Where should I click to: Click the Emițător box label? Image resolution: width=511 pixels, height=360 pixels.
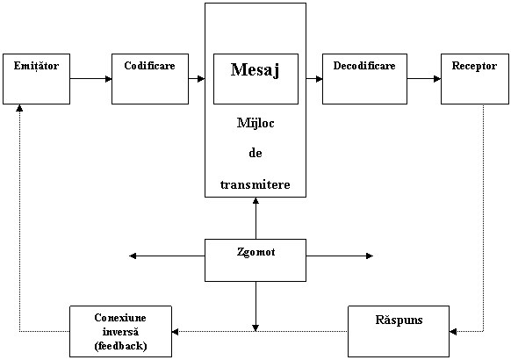[36, 66]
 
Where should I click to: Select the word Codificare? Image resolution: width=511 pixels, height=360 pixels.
[149, 66]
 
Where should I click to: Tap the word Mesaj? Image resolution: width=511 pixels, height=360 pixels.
[255, 70]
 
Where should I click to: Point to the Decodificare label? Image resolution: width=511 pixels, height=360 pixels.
[364, 66]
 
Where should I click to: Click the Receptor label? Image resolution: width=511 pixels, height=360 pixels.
[474, 66]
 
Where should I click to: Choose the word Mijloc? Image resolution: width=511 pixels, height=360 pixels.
[255, 124]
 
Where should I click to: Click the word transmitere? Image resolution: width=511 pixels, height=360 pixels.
[255, 184]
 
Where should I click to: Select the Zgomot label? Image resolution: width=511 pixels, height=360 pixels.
[255, 252]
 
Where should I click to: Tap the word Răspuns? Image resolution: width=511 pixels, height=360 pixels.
[399, 320]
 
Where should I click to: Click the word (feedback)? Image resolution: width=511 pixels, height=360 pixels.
[120, 346]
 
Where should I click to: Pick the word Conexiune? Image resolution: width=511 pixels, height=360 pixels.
[120, 318]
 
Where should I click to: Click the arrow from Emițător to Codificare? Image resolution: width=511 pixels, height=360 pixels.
[91, 78]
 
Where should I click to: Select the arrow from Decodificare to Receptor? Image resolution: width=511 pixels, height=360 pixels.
[424, 78]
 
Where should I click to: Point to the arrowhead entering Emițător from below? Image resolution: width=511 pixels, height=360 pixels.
[19, 107]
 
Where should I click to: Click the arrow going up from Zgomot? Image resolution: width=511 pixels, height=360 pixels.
[255, 219]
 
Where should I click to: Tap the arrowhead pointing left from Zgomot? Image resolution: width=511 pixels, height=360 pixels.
[133, 256]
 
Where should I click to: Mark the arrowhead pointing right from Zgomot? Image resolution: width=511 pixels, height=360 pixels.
[370, 256]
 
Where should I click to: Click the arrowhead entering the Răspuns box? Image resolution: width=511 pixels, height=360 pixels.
[453, 332]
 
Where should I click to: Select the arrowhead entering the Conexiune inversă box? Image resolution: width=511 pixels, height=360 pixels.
[175, 332]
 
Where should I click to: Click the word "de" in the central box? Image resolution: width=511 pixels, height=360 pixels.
[255, 153]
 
